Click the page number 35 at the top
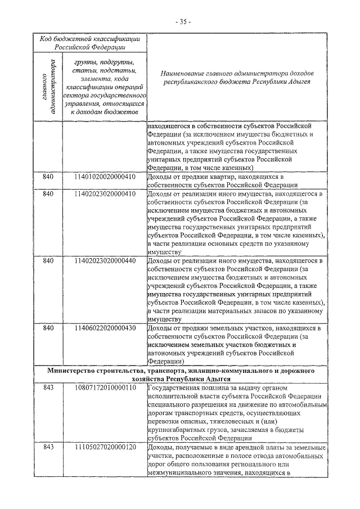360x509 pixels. pos(183,21)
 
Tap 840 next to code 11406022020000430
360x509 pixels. pos(48,328)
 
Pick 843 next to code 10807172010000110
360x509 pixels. pos(48,388)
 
